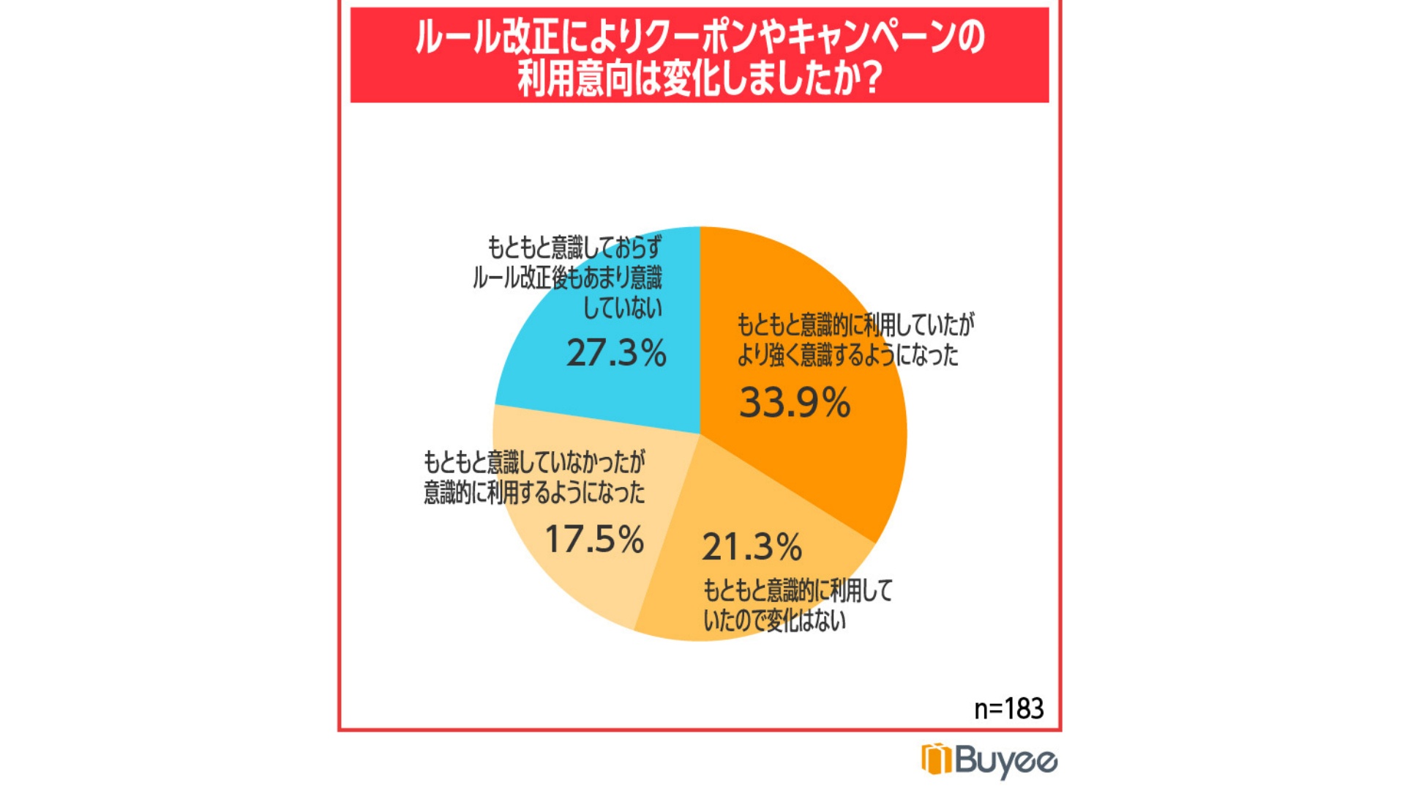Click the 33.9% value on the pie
tap(795, 403)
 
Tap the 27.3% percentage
tap(616, 353)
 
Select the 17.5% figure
tap(594, 540)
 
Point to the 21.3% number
tap(752, 547)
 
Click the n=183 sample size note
tap(1008, 708)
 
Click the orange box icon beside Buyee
tap(936, 759)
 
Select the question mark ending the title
tap(869, 79)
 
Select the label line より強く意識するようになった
tap(847, 355)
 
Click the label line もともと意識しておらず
tap(574, 248)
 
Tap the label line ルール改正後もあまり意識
tap(567, 278)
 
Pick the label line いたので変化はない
tap(774, 621)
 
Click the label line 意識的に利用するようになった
tap(534, 492)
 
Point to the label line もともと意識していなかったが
tap(534, 462)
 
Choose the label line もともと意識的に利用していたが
tap(855, 324)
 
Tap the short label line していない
tap(622, 308)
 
